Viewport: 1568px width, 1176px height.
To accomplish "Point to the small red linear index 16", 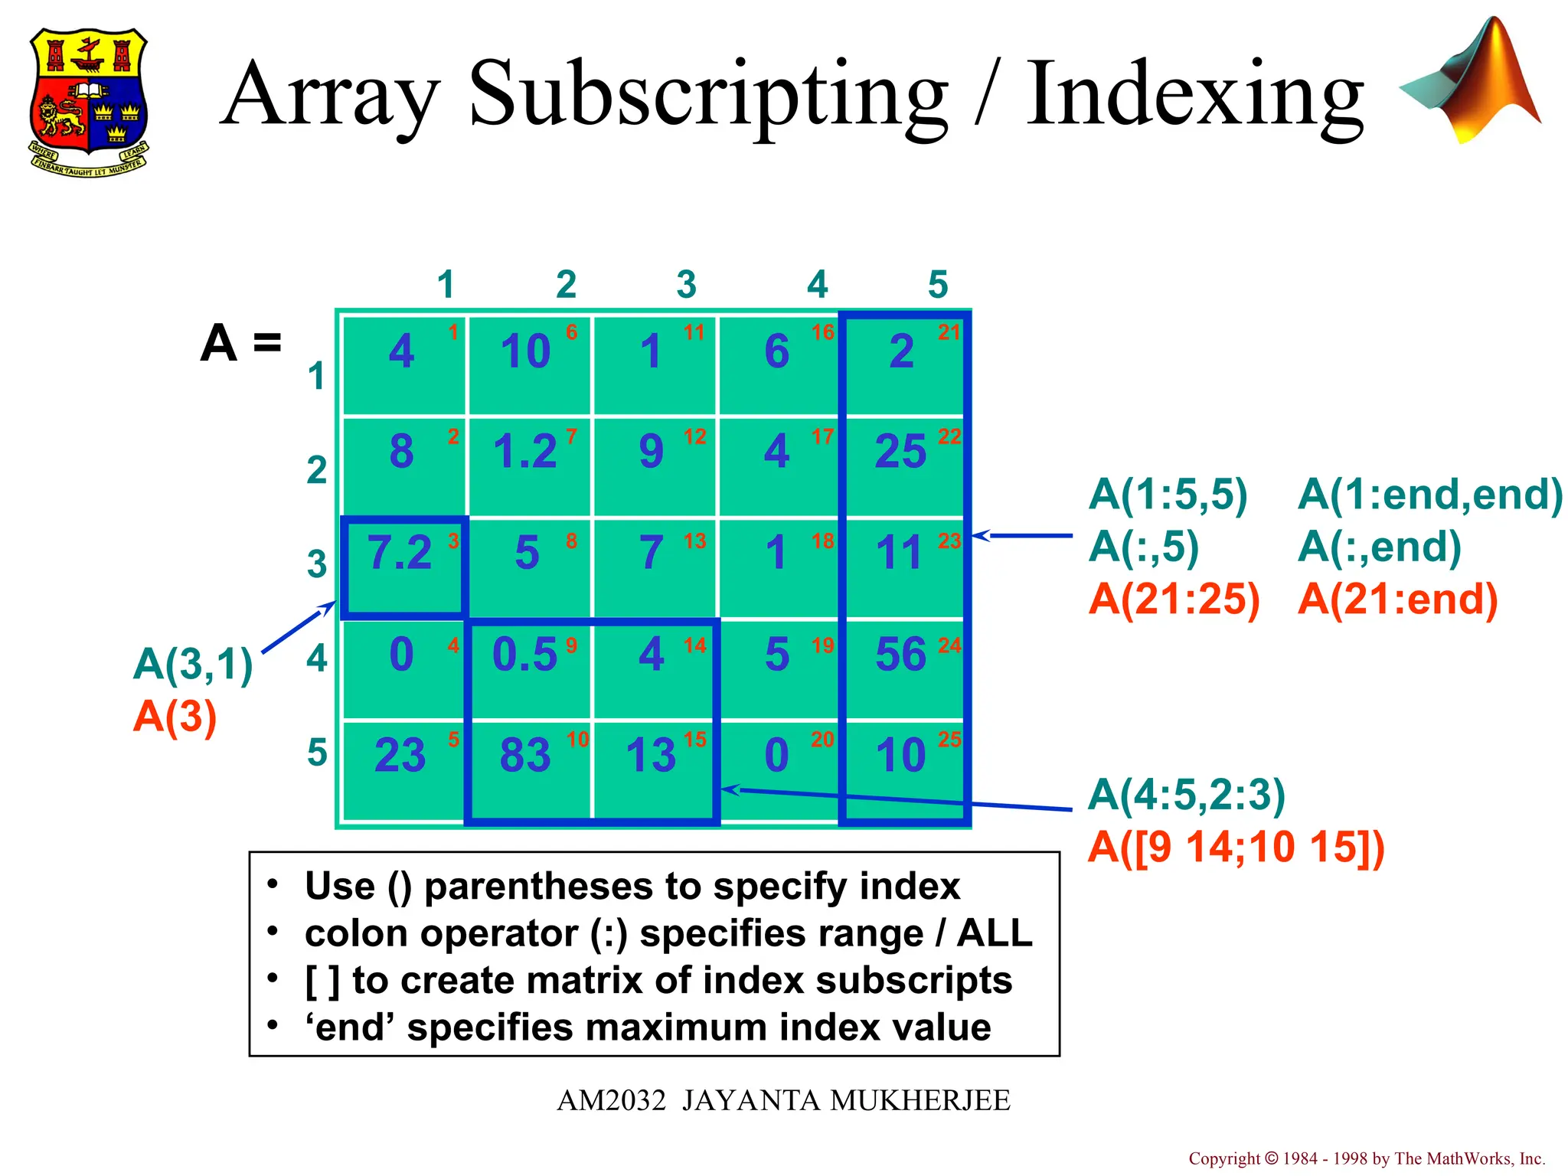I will coord(822,332).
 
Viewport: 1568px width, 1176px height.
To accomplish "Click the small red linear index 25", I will coord(949,740).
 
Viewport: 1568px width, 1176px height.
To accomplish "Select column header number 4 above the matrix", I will coord(817,285).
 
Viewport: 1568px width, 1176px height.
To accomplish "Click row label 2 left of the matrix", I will coord(316,470).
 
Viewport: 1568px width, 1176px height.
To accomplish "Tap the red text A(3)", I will coord(175,717).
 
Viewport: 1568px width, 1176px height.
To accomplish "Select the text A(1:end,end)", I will coord(1429,495).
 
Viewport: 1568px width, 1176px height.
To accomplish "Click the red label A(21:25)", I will coord(1174,599).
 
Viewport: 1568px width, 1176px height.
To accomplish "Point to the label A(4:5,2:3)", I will coord(1187,794).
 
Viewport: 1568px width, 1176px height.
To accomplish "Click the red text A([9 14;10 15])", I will coord(1236,847).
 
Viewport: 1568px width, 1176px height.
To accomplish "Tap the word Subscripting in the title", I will coord(707,96).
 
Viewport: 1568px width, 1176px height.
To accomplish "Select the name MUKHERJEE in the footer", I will coord(920,1101).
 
